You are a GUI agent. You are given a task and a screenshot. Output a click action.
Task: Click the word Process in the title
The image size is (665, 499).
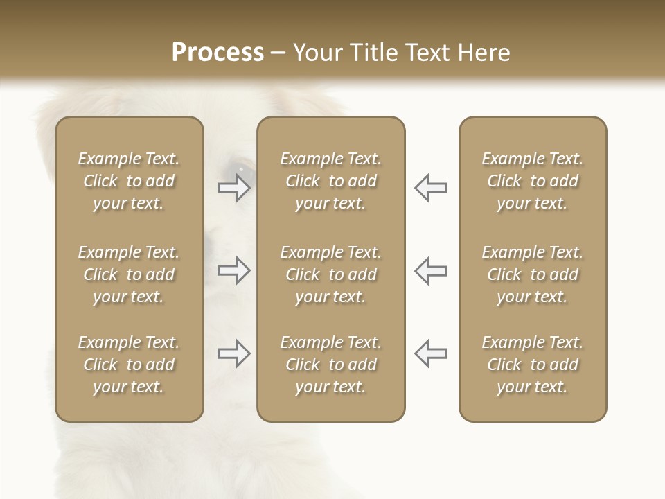pyautogui.click(x=218, y=53)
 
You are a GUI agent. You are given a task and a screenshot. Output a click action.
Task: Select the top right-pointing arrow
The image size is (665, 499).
pyautogui.click(x=234, y=188)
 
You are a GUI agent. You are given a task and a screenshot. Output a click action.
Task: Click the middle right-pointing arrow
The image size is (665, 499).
pyautogui.click(x=234, y=270)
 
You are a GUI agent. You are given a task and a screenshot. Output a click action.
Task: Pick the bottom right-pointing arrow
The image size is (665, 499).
pyautogui.click(x=234, y=353)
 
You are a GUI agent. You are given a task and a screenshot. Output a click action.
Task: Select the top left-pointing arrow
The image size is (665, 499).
pyautogui.click(x=430, y=188)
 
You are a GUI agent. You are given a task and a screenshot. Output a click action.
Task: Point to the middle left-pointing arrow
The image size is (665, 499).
pyautogui.click(x=430, y=270)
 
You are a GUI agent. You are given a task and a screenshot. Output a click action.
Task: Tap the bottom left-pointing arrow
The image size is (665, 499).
pyautogui.click(x=430, y=353)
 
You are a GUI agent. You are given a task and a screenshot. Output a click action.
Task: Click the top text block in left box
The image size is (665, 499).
pyautogui.click(x=129, y=181)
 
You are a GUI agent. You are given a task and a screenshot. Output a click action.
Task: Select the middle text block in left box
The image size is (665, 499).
pyautogui.click(x=129, y=274)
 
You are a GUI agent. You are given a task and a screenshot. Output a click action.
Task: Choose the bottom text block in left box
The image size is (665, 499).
pyautogui.click(x=129, y=365)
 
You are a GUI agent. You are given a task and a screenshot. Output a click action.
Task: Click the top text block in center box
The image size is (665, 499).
pyautogui.click(x=330, y=181)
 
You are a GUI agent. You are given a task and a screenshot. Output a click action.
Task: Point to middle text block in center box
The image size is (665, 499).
pyautogui.click(x=330, y=274)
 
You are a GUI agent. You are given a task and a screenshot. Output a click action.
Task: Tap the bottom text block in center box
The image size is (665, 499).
pyautogui.click(x=330, y=365)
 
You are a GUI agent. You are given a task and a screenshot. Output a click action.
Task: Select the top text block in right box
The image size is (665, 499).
pyautogui.click(x=532, y=181)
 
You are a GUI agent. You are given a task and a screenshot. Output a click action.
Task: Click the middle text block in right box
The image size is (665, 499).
pyautogui.click(x=532, y=274)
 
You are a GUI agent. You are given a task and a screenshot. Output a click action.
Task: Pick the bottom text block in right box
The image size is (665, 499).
pyautogui.click(x=532, y=365)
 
